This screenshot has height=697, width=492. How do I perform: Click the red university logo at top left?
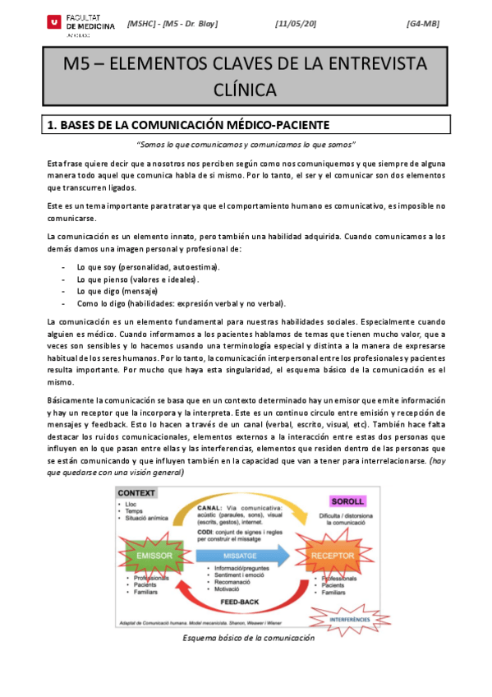pos(53,24)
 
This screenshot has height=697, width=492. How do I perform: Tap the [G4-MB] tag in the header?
pos(423,23)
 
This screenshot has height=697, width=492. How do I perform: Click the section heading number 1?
pos(51,125)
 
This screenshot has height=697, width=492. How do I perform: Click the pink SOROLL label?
pos(346,501)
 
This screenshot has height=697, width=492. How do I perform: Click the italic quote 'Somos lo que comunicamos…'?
pos(246,145)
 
